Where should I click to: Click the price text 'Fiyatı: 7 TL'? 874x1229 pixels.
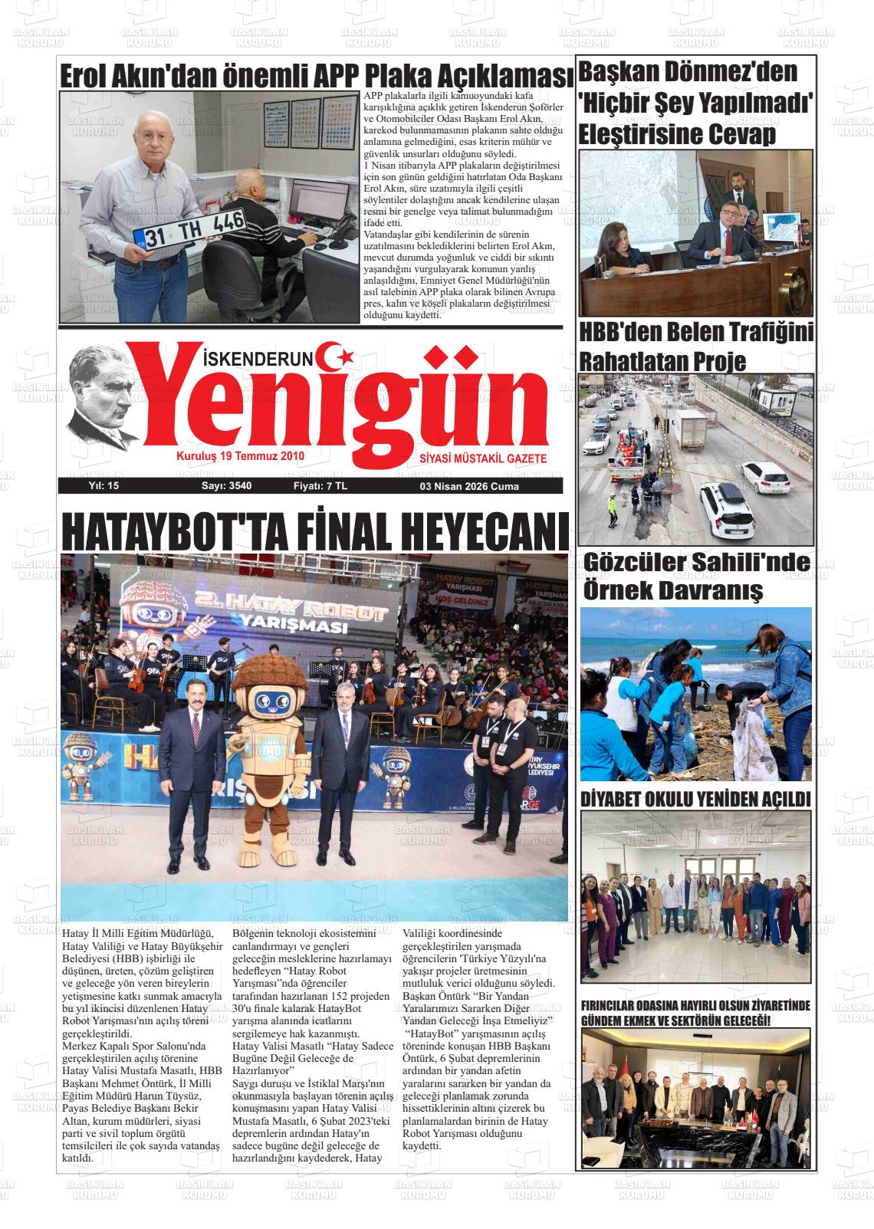click(320, 486)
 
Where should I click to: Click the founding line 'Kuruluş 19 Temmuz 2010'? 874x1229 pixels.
click(241, 455)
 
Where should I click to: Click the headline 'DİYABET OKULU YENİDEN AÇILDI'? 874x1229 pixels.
click(695, 799)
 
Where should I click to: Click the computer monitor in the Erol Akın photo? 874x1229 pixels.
click(315, 203)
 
